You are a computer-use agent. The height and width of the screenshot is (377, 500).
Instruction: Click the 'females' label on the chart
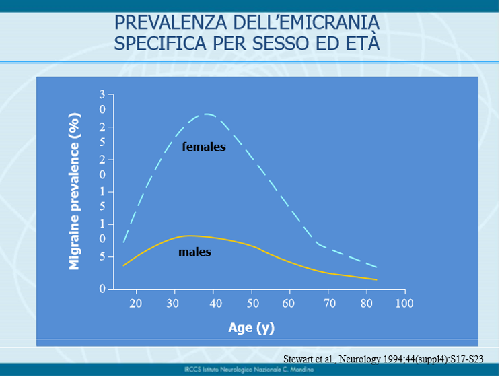(x=203, y=147)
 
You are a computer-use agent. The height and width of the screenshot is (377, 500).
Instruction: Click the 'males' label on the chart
(x=194, y=252)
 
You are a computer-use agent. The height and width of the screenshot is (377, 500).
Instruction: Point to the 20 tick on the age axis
(x=135, y=304)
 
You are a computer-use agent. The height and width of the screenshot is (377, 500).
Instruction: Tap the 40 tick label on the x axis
(x=215, y=304)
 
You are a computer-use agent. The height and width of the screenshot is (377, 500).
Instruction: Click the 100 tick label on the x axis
(x=404, y=304)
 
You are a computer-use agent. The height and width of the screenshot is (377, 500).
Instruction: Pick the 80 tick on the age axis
(x=367, y=304)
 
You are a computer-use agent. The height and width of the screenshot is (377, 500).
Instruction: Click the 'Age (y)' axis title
(x=251, y=328)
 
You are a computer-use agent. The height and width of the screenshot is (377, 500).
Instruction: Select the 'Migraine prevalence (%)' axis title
(x=75, y=191)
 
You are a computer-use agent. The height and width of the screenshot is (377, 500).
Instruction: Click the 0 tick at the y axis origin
(x=102, y=289)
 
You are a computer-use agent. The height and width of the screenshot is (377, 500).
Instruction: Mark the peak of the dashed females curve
(x=207, y=114)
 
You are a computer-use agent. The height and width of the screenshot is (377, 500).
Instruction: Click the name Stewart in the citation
(x=298, y=360)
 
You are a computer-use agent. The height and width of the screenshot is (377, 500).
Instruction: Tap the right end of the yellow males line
(x=376, y=279)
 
